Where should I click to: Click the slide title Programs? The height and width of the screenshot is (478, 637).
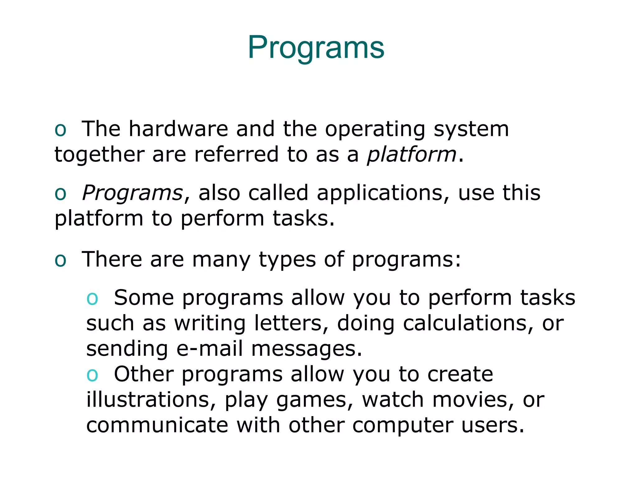point(316,47)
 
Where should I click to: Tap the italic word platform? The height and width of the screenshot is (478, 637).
point(411,155)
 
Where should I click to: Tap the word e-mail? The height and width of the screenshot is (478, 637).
point(209,349)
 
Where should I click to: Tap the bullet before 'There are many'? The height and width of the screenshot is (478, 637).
point(60,260)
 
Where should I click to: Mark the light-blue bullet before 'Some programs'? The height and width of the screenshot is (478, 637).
point(92,298)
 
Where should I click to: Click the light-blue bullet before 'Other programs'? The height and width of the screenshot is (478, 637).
point(92,375)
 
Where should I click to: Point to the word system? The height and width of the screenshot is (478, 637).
point(471,129)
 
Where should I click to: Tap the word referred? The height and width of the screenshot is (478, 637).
point(236,155)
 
